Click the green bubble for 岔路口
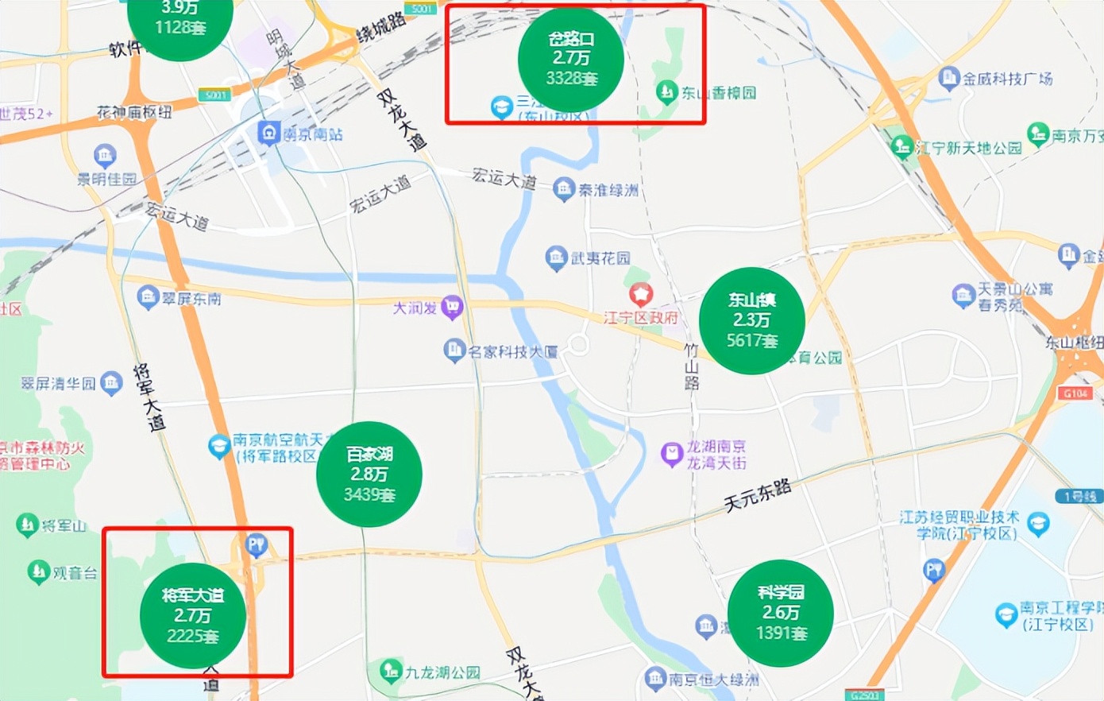click(x=570, y=60)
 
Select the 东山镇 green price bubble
click(x=751, y=320)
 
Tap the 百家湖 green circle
click(x=369, y=474)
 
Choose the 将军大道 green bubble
click(x=192, y=615)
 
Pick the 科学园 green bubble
click(x=780, y=613)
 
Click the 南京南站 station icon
click(x=269, y=133)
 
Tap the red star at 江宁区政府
click(x=641, y=295)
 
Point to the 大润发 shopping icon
click(x=452, y=307)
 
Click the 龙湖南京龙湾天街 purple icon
click(x=672, y=455)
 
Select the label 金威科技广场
click(x=1007, y=79)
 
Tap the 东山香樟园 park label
click(x=718, y=93)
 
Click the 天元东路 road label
click(x=757, y=495)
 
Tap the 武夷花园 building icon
click(x=556, y=258)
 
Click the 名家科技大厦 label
click(x=512, y=351)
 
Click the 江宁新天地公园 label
click(x=968, y=148)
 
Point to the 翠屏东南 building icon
click(x=148, y=298)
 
